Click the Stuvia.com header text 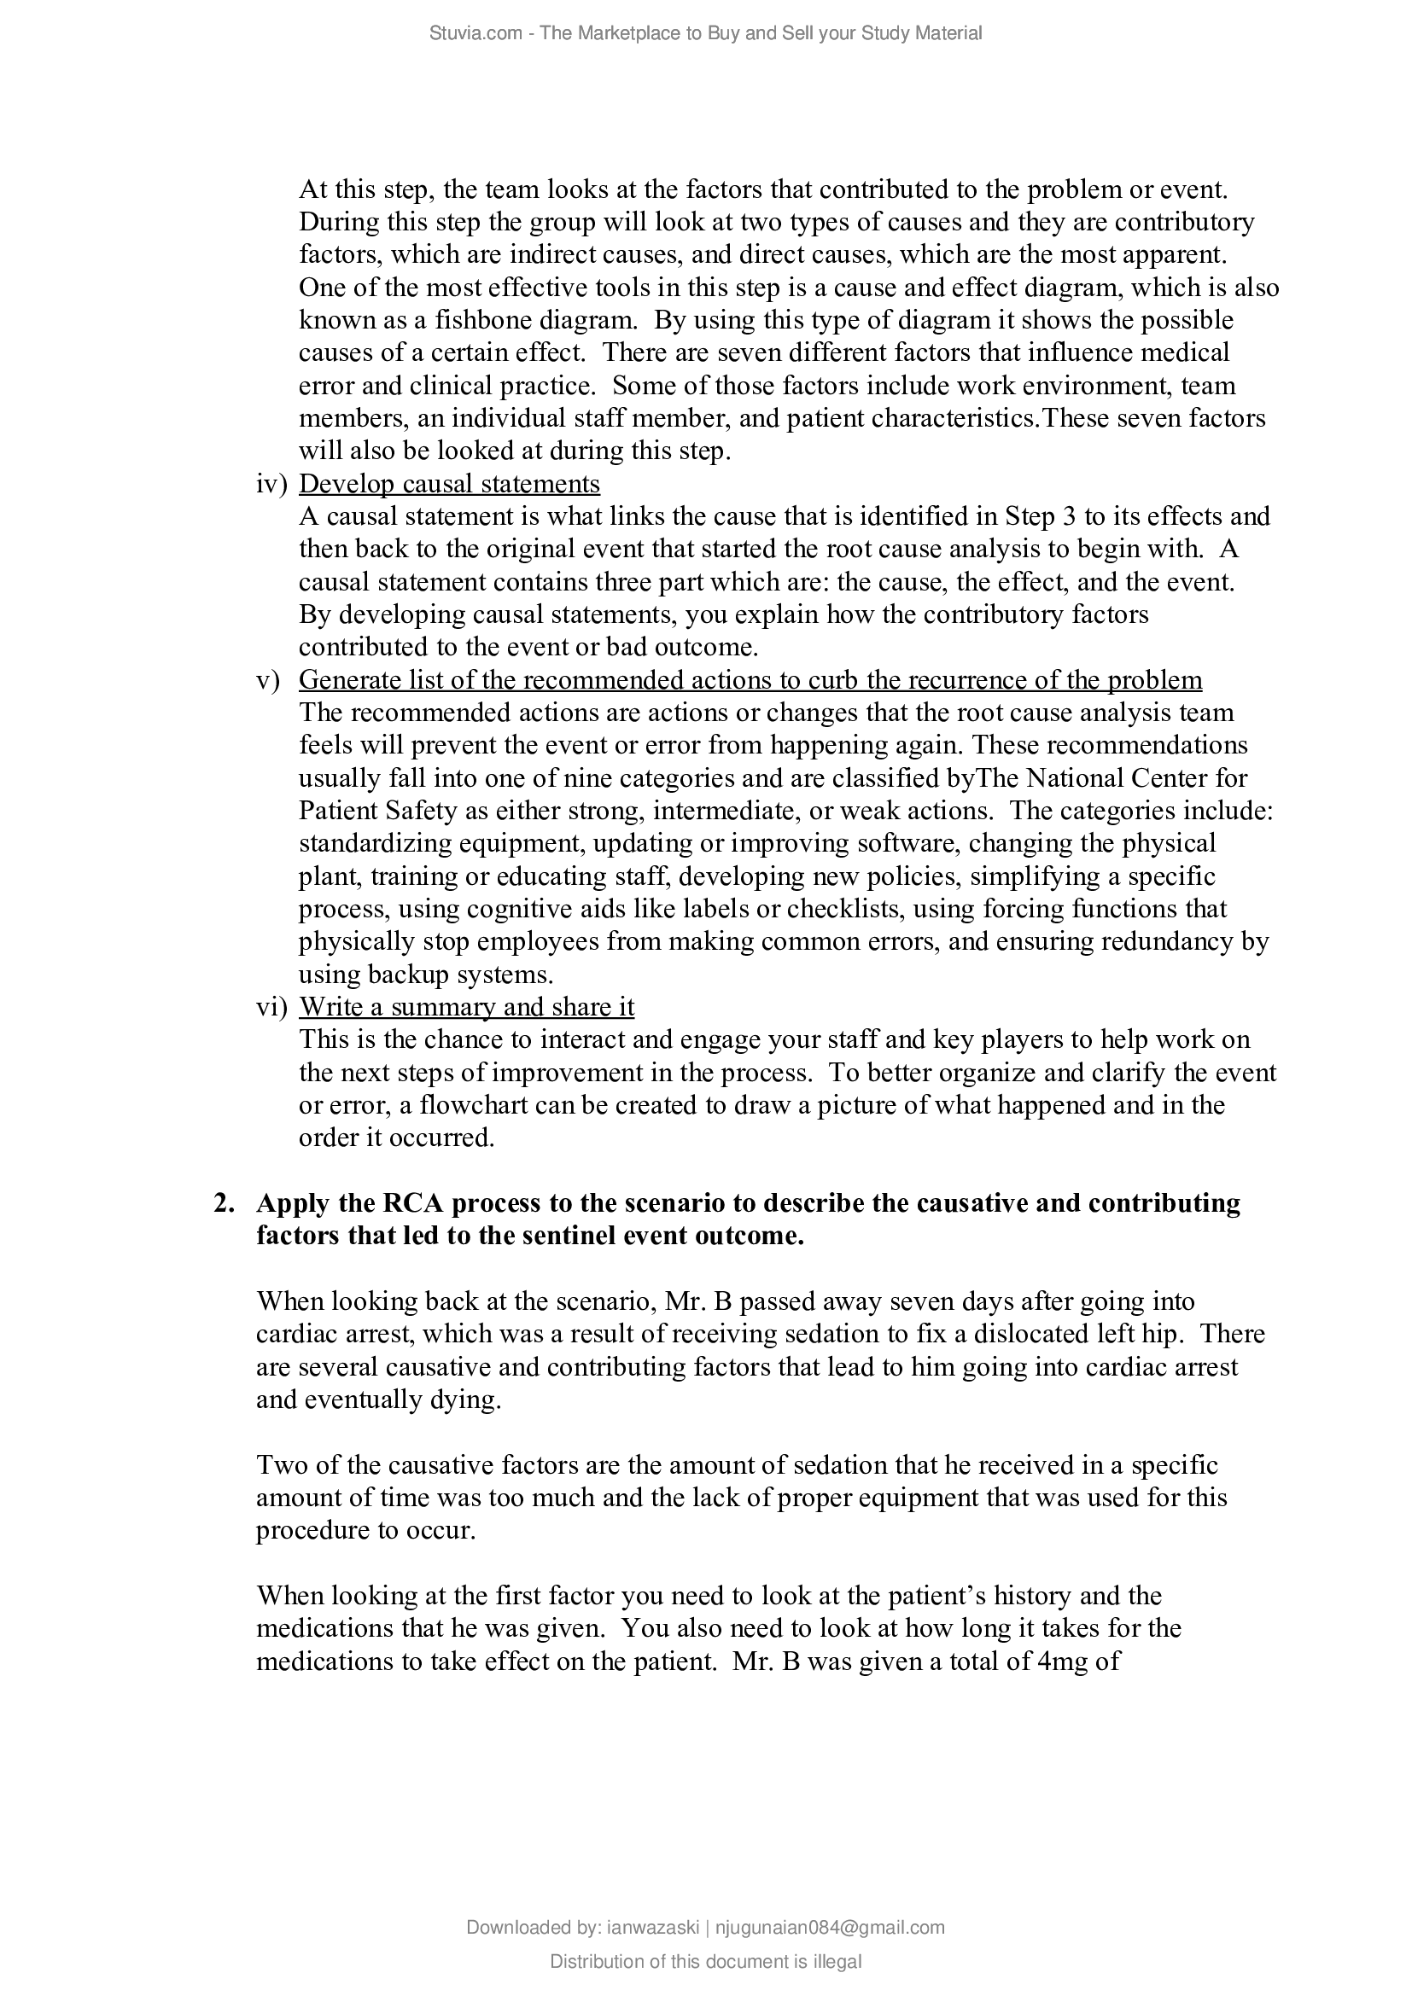click(705, 33)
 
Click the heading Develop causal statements click(449, 483)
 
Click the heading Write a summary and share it click(466, 1007)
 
